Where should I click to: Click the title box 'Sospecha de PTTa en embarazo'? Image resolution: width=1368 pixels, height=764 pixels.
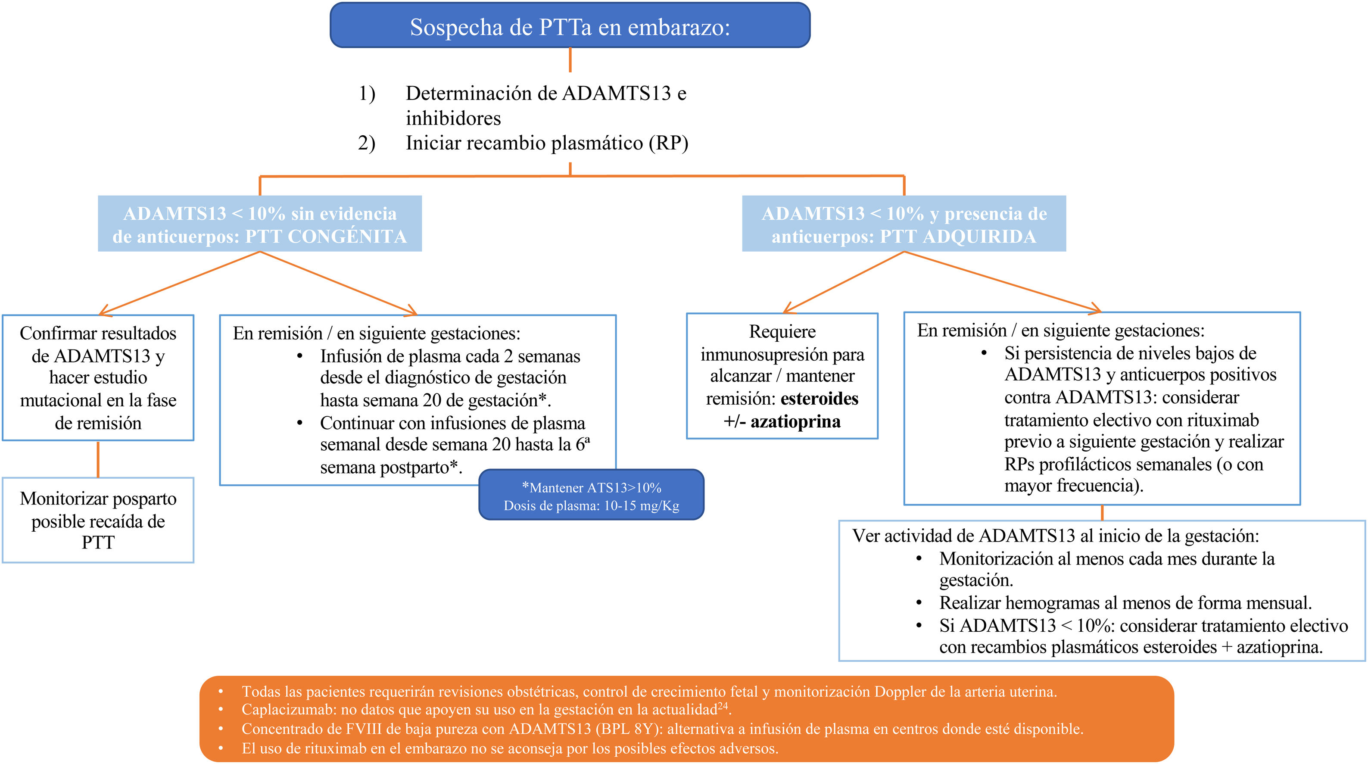(570, 25)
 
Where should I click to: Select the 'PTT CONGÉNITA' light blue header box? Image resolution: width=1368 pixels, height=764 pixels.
(260, 224)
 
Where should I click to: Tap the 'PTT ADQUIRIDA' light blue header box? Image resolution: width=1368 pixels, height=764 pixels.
(904, 224)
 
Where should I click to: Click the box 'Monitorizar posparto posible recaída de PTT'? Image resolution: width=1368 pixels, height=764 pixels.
(98, 520)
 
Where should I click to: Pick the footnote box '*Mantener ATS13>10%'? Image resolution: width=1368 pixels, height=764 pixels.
(591, 495)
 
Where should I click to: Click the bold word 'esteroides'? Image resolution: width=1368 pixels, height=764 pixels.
(820, 398)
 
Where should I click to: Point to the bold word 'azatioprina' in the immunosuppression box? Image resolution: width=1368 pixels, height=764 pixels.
(795, 421)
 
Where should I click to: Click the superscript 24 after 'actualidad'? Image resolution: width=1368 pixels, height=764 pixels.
(723, 705)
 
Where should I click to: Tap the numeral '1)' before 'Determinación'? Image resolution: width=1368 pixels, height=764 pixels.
(366, 94)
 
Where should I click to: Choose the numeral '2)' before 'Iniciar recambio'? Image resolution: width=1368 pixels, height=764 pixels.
(366, 143)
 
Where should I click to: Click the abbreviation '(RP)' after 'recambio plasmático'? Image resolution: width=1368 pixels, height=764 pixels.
(668, 143)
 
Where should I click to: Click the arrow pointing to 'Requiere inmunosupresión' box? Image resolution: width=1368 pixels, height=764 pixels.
(791, 309)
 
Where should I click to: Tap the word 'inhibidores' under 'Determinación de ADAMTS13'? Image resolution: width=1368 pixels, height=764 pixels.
(453, 118)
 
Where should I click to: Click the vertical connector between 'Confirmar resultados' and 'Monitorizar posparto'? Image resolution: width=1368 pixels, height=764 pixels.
(98, 459)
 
